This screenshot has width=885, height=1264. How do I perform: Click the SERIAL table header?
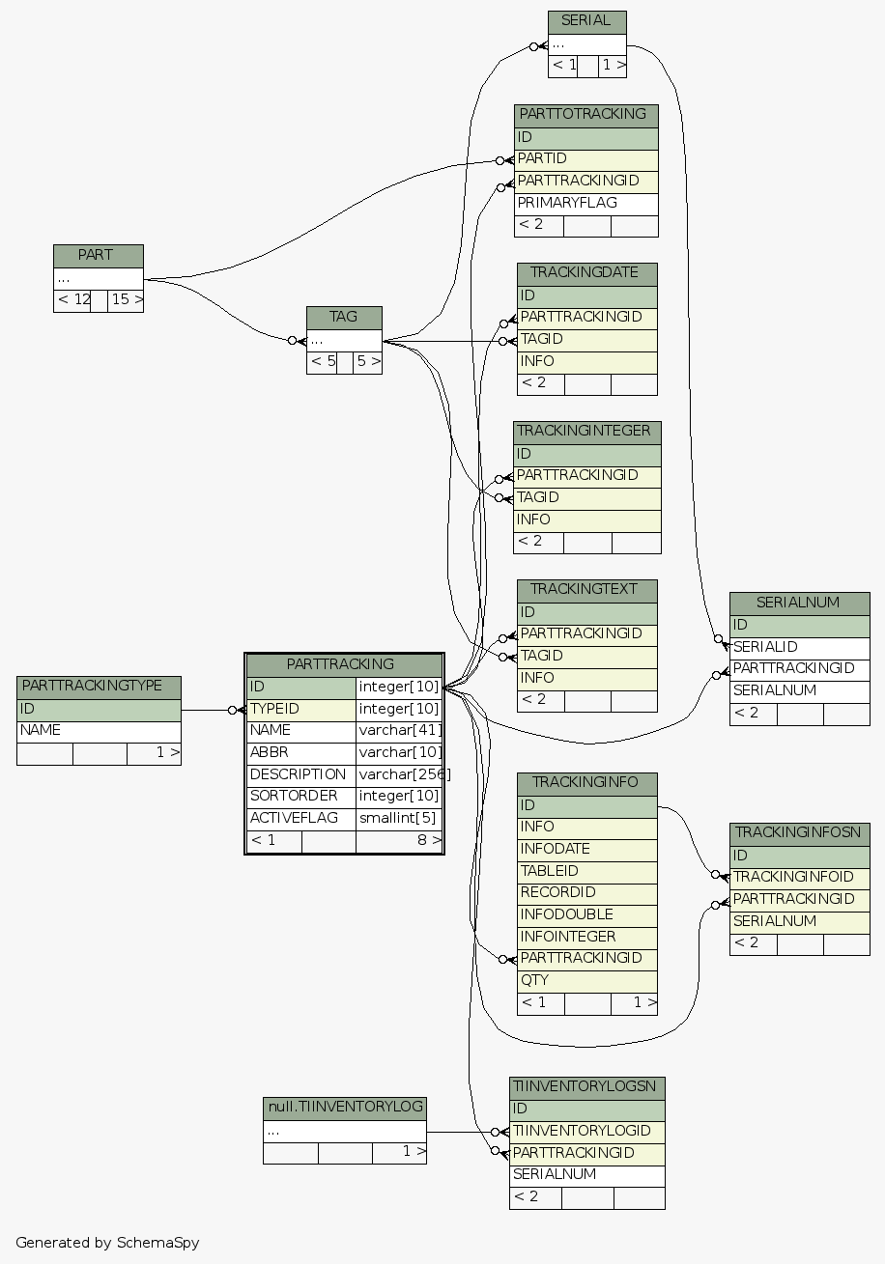(x=586, y=21)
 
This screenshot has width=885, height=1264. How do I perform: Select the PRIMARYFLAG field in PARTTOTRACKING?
(x=585, y=204)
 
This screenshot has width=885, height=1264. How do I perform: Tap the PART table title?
(x=98, y=256)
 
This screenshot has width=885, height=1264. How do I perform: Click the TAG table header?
(x=344, y=318)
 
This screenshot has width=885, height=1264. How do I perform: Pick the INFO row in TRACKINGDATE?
(x=586, y=362)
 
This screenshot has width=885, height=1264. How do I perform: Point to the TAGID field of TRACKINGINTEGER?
(x=586, y=498)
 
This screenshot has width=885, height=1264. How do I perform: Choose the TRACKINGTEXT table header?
(x=586, y=590)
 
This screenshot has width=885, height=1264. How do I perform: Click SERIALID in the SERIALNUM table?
(x=799, y=647)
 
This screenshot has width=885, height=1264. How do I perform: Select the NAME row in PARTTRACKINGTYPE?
(x=99, y=731)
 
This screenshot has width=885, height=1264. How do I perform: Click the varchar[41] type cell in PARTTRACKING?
(x=399, y=731)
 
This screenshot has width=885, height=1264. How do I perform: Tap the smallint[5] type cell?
(x=399, y=819)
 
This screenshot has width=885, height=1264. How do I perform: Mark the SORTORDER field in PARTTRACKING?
(x=300, y=797)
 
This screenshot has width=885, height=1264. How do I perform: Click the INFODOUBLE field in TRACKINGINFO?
(x=586, y=914)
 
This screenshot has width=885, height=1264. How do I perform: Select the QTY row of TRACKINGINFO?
(x=586, y=980)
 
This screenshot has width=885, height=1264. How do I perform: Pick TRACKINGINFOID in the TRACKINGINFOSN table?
(x=799, y=878)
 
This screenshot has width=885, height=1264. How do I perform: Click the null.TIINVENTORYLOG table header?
(x=344, y=1108)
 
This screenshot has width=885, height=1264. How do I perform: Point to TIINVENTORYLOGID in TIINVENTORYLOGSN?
(x=586, y=1132)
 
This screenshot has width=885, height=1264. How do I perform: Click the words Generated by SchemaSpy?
(x=107, y=1243)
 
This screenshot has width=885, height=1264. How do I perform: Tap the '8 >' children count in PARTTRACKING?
(x=399, y=841)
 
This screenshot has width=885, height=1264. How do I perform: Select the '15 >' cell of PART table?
(x=126, y=300)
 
